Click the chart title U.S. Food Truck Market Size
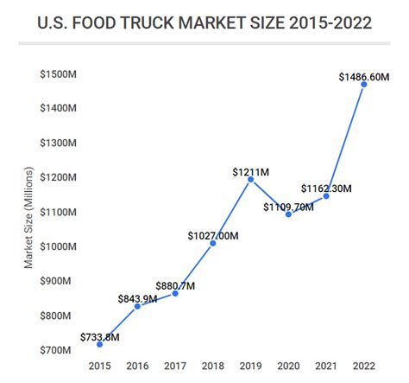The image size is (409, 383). (204, 22)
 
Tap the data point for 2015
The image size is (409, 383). (99, 344)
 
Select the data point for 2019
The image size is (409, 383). (250, 179)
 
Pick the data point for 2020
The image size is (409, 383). (288, 214)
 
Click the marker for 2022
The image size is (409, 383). (363, 84)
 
